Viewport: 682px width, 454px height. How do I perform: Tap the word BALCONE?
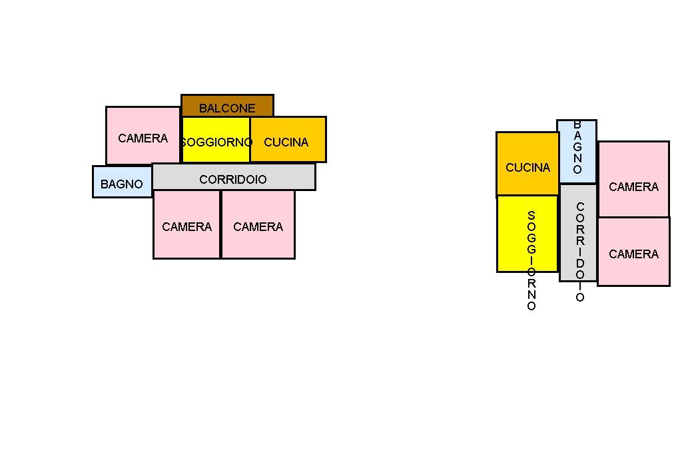coord(227,108)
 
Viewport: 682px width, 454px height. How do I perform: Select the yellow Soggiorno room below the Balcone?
coord(216,152)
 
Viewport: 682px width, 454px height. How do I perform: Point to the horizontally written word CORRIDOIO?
coord(233,180)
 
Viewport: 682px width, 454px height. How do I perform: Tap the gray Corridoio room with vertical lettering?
coord(578,232)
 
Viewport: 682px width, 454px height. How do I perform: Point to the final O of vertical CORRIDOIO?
coord(580,298)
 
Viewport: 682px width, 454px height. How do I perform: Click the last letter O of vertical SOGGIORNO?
coord(531,306)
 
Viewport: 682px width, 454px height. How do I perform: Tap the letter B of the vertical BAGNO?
coord(577,124)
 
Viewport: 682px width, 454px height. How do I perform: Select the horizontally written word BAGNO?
coord(122,184)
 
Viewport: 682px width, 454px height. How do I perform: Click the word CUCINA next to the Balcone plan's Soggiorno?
coord(286,142)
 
